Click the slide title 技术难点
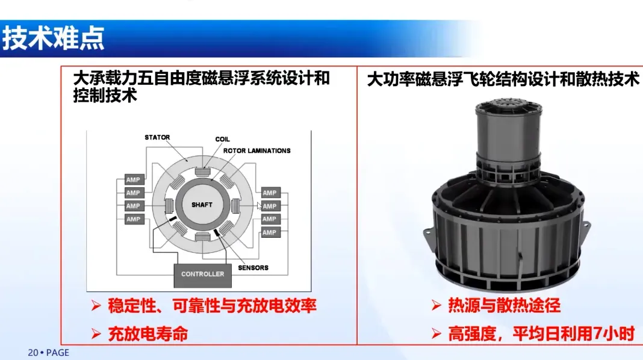54,39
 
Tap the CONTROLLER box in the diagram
202,274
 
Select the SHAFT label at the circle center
202,205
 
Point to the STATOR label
157,137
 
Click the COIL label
222,140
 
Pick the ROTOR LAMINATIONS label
256,151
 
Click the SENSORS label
253,268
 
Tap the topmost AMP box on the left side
134,179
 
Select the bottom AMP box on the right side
271,232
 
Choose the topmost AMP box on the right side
271,193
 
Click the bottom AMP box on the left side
134,219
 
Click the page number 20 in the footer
33,353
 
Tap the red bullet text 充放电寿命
148,334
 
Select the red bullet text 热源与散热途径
504,305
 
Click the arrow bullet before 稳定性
96,306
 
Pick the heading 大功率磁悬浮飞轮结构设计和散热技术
503,79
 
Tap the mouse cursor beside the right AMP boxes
259,206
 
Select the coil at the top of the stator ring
202,172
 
